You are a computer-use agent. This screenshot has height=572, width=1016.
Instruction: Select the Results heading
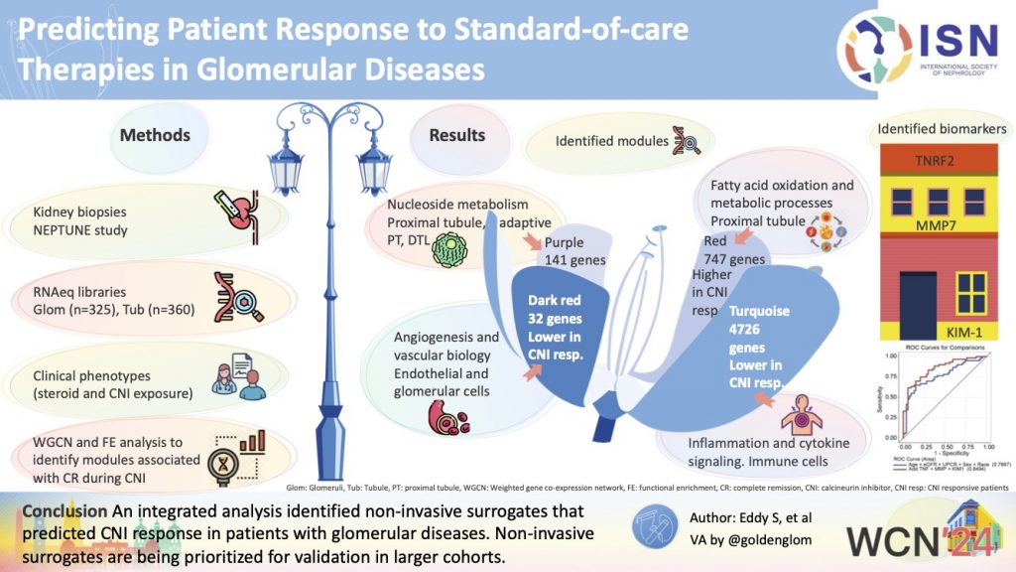(x=456, y=134)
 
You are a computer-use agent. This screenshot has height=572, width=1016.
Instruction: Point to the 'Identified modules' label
(x=610, y=141)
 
